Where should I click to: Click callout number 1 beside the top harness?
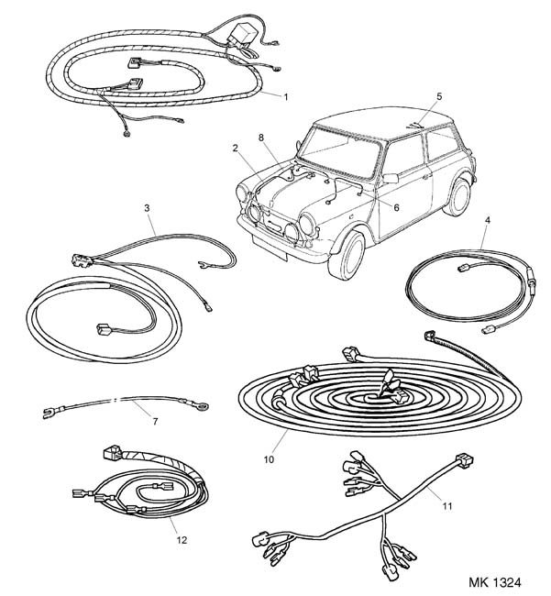click(286, 97)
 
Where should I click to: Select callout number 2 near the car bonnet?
click(236, 148)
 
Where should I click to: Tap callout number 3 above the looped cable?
click(147, 208)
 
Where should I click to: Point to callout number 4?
click(488, 220)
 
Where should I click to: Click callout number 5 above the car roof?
click(439, 96)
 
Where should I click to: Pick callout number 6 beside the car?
click(396, 207)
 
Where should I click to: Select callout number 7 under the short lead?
click(155, 421)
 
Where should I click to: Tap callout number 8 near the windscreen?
click(261, 138)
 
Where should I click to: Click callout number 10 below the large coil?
click(269, 459)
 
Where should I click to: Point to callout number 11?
click(447, 506)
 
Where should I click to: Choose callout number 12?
click(182, 540)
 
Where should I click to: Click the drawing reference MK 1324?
click(495, 582)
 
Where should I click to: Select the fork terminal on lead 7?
click(48, 413)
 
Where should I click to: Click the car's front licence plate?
click(269, 247)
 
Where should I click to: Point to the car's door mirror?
click(391, 178)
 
